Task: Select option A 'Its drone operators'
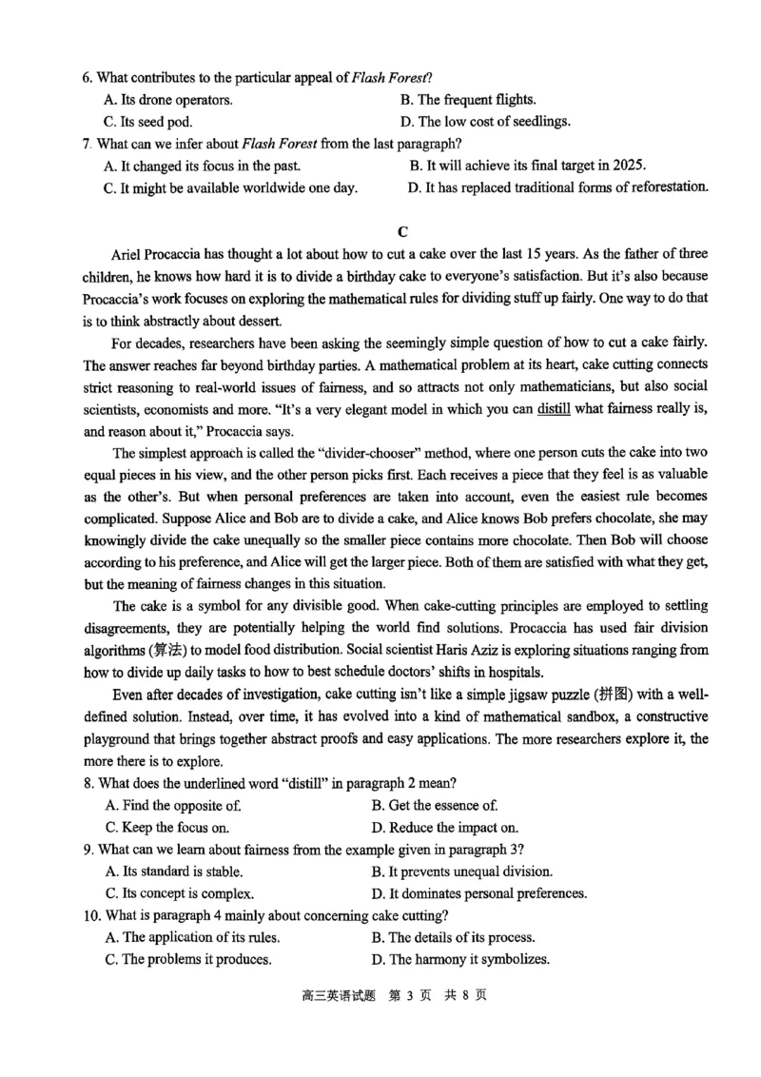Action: (x=167, y=99)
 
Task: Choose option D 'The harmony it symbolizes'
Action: (x=460, y=959)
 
